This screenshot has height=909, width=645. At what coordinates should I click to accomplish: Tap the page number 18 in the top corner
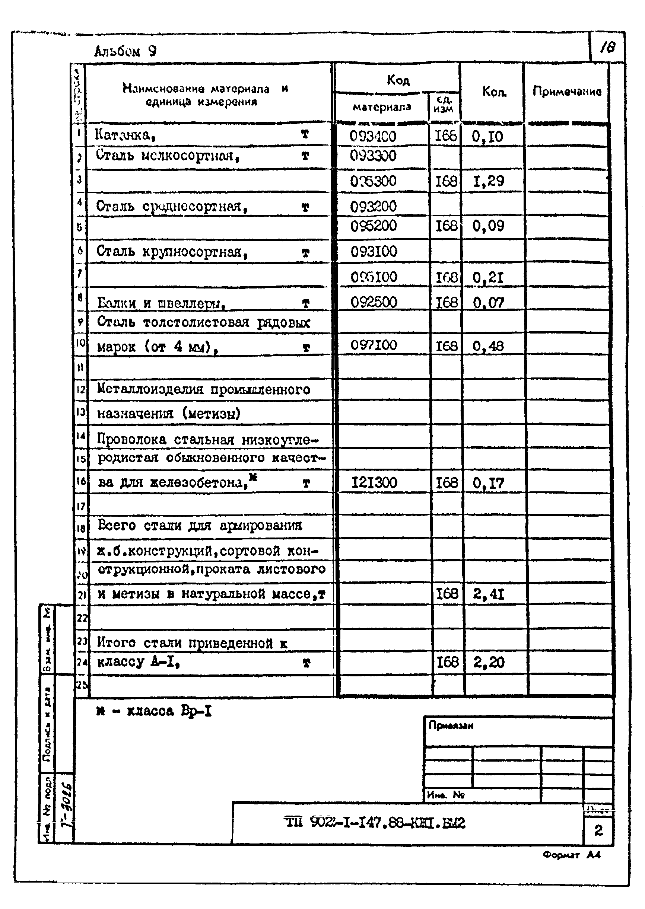607,48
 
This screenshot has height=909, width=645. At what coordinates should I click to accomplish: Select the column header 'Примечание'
567,92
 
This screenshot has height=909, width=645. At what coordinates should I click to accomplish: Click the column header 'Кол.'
494,92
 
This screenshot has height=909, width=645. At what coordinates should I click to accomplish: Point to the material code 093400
372,137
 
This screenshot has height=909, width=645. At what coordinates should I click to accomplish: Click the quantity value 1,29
489,181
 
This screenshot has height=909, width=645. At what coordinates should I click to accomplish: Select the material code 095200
374,226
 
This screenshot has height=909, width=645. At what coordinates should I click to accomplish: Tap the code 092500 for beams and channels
374,303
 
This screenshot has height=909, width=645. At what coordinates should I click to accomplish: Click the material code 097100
374,345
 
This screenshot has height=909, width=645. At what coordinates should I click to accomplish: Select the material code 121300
374,483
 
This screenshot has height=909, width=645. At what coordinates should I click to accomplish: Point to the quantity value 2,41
489,594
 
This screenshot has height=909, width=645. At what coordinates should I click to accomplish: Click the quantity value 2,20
489,662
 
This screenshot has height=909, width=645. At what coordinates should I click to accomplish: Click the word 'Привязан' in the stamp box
451,725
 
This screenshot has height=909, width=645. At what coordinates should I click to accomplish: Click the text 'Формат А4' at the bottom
572,855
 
